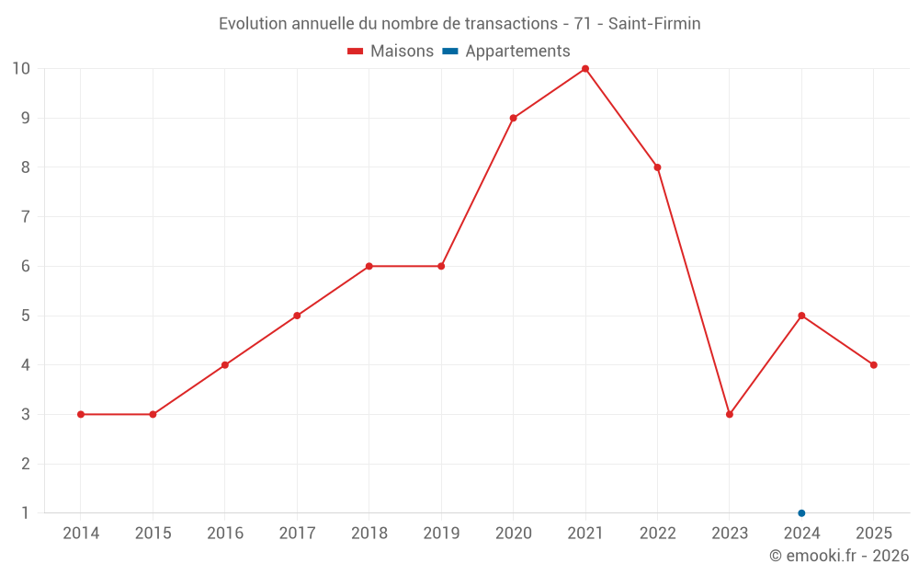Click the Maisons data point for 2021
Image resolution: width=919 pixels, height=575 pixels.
[585, 69]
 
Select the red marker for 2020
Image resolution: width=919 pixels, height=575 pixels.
[513, 118]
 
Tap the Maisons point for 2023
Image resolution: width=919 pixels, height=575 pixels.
[730, 414]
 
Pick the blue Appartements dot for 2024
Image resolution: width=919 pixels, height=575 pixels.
[801, 513]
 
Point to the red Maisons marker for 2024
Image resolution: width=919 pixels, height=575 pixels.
[801, 316]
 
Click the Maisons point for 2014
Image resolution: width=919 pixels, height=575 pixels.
[81, 414]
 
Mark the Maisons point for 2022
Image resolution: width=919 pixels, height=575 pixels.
[657, 167]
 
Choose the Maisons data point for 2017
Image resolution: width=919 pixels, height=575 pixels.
[297, 316]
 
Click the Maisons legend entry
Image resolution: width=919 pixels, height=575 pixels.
[391, 52]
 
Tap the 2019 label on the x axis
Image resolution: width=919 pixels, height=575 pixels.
[441, 534]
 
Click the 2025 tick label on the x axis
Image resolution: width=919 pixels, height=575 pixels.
[873, 534]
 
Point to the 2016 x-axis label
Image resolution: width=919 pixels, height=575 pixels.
[225, 534]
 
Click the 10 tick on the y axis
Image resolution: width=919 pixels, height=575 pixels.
[21, 69]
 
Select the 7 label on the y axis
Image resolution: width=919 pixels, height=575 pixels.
[25, 217]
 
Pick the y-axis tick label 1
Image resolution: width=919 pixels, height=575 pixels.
[25, 513]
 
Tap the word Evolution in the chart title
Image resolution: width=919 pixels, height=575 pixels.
[254, 24]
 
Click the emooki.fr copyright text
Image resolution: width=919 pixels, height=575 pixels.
[839, 556]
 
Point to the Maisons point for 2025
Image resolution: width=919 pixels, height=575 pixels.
[873, 365]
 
